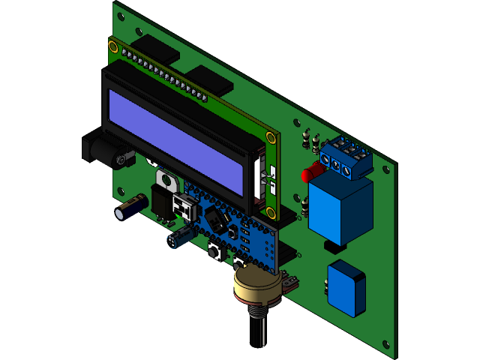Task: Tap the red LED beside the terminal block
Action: click(307, 175)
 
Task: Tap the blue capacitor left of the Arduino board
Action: click(178, 238)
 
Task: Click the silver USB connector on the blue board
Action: click(183, 207)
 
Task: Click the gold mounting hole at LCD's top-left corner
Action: click(112, 47)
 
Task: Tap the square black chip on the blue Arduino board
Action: click(217, 219)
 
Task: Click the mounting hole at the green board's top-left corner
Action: click(120, 10)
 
